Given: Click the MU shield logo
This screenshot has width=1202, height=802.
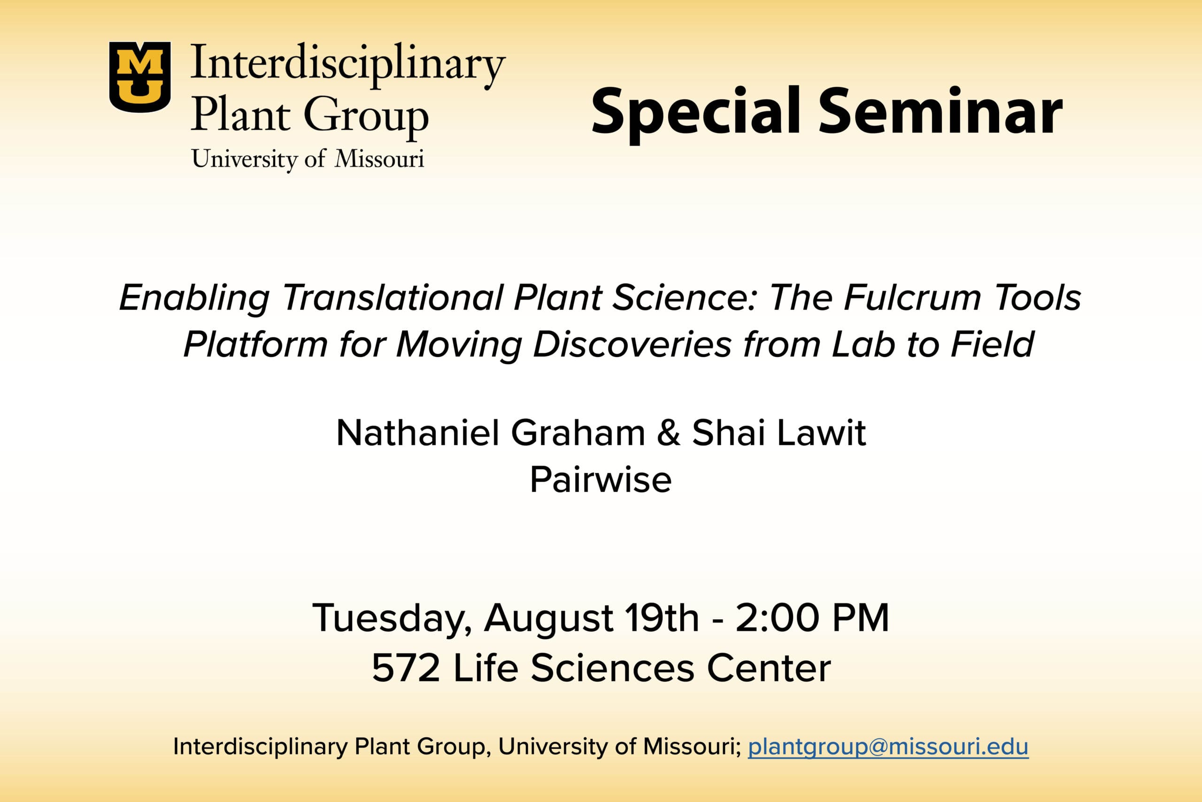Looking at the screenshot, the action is [x=139, y=77].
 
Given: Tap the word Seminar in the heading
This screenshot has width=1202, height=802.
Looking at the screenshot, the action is [x=941, y=111].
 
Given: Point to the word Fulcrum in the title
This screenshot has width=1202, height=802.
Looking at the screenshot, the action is [x=912, y=298].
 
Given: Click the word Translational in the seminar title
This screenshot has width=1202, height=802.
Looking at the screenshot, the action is [x=393, y=298].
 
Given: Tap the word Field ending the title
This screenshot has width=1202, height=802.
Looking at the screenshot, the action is [x=993, y=344].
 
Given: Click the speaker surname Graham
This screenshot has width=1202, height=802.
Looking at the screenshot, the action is [x=578, y=433].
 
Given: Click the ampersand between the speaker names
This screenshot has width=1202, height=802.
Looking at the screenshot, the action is [x=669, y=433].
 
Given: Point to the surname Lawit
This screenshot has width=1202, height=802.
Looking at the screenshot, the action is [x=822, y=433].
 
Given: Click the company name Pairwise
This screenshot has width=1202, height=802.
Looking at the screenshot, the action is [x=601, y=480].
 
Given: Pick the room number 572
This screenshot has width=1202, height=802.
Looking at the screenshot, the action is [x=406, y=668].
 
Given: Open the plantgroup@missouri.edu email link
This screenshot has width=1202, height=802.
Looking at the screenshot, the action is [x=888, y=747].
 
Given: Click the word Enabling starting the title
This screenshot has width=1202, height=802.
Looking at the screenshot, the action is [x=195, y=299].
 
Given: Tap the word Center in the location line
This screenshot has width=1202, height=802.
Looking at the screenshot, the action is [x=769, y=668].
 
